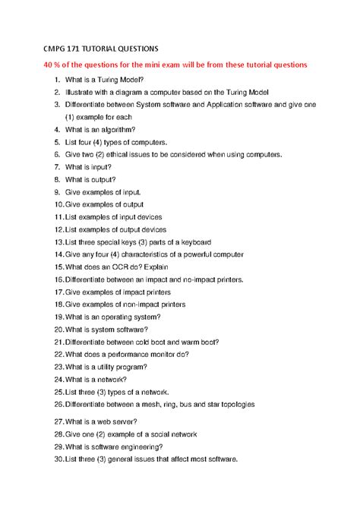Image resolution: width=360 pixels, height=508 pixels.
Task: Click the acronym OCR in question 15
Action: [x=116, y=267]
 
